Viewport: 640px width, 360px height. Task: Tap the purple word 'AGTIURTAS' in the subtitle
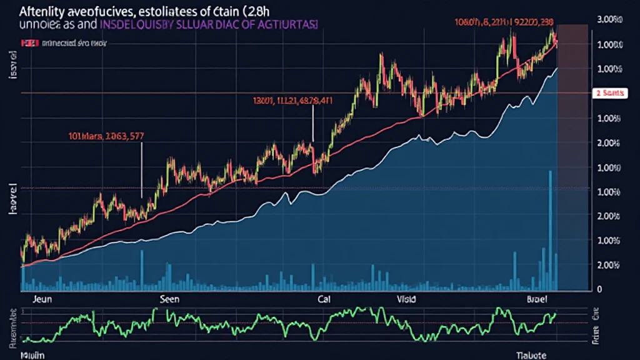pos(286,24)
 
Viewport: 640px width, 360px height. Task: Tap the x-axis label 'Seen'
pos(169,299)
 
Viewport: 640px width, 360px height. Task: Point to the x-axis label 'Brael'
pos(536,299)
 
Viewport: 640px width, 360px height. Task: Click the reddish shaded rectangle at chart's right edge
pos(573,156)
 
